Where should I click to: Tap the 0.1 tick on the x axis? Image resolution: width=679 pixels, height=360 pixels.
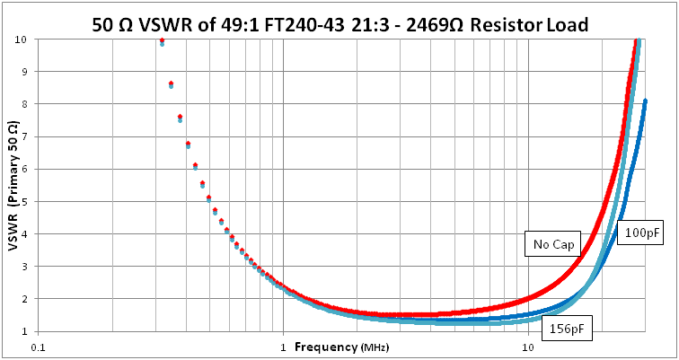[38, 347]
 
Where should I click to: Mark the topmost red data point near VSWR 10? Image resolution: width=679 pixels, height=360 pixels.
[162, 40]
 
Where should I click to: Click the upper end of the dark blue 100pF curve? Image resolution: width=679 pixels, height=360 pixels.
[645, 101]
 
